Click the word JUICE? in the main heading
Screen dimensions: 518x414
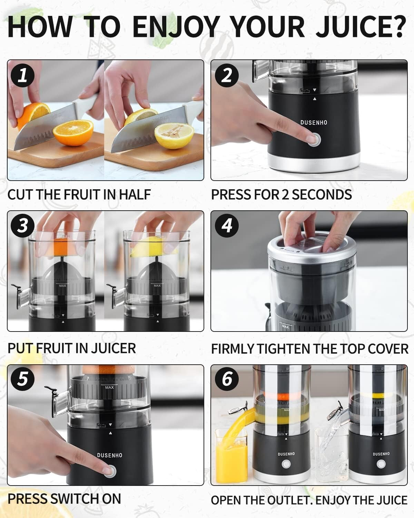pyautogui.click(x=361, y=26)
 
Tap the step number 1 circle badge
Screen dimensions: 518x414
pyautogui.click(x=22, y=75)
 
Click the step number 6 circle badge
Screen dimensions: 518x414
pyautogui.click(x=226, y=379)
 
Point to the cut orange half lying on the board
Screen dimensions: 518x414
pyautogui.click(x=73, y=133)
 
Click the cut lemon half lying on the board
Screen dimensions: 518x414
pyautogui.click(x=174, y=136)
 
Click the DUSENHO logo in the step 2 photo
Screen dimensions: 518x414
pyautogui.click(x=313, y=123)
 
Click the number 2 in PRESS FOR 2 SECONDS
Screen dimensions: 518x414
pyautogui.click(x=285, y=195)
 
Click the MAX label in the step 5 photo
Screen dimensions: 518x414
pyautogui.click(x=109, y=387)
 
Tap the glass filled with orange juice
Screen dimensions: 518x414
pyautogui.click(x=230, y=456)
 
